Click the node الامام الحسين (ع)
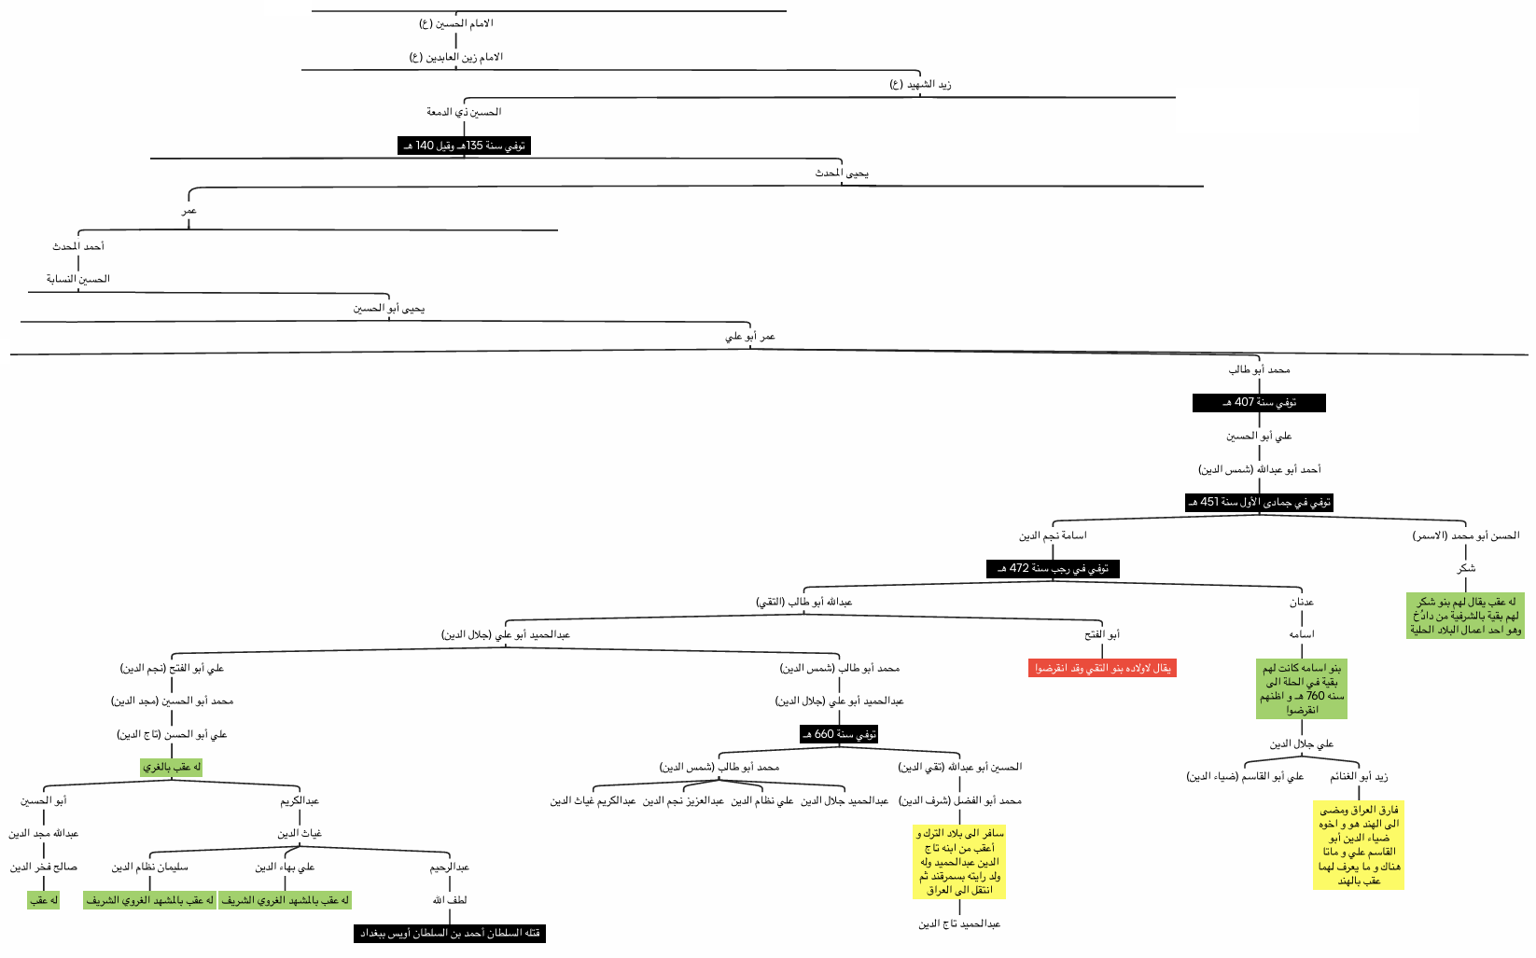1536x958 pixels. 455,22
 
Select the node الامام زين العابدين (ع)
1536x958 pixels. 455,57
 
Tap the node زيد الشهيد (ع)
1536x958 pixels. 919,84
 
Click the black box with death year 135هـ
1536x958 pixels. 464,146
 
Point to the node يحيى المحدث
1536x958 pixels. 841,173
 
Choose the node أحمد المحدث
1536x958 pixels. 78,246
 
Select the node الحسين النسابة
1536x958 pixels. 78,279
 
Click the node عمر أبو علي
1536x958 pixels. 750,336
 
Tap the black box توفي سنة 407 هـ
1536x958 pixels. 1259,403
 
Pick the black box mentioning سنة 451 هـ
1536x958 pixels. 1259,502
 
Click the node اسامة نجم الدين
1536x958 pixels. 1053,535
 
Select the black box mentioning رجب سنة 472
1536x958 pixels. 1053,568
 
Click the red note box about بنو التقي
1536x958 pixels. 1102,668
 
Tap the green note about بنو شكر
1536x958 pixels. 1465,616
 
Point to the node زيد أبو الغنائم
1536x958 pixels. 1359,776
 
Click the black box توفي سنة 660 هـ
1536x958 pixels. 839,734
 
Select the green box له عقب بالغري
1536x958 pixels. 172,767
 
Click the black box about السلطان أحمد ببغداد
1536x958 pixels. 449,933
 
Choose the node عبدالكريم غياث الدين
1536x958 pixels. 593,800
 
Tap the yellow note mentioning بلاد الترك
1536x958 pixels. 959,862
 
